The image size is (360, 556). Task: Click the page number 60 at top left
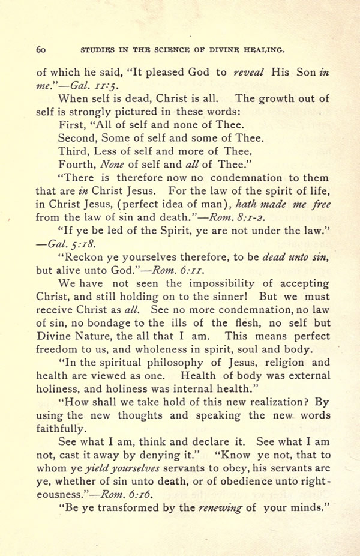tap(41, 50)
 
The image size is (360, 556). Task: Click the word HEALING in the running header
tap(263, 50)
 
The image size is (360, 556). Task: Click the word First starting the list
tap(72, 125)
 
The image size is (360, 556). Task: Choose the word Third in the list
tap(73, 151)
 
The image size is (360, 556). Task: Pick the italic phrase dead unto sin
tap(287, 257)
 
